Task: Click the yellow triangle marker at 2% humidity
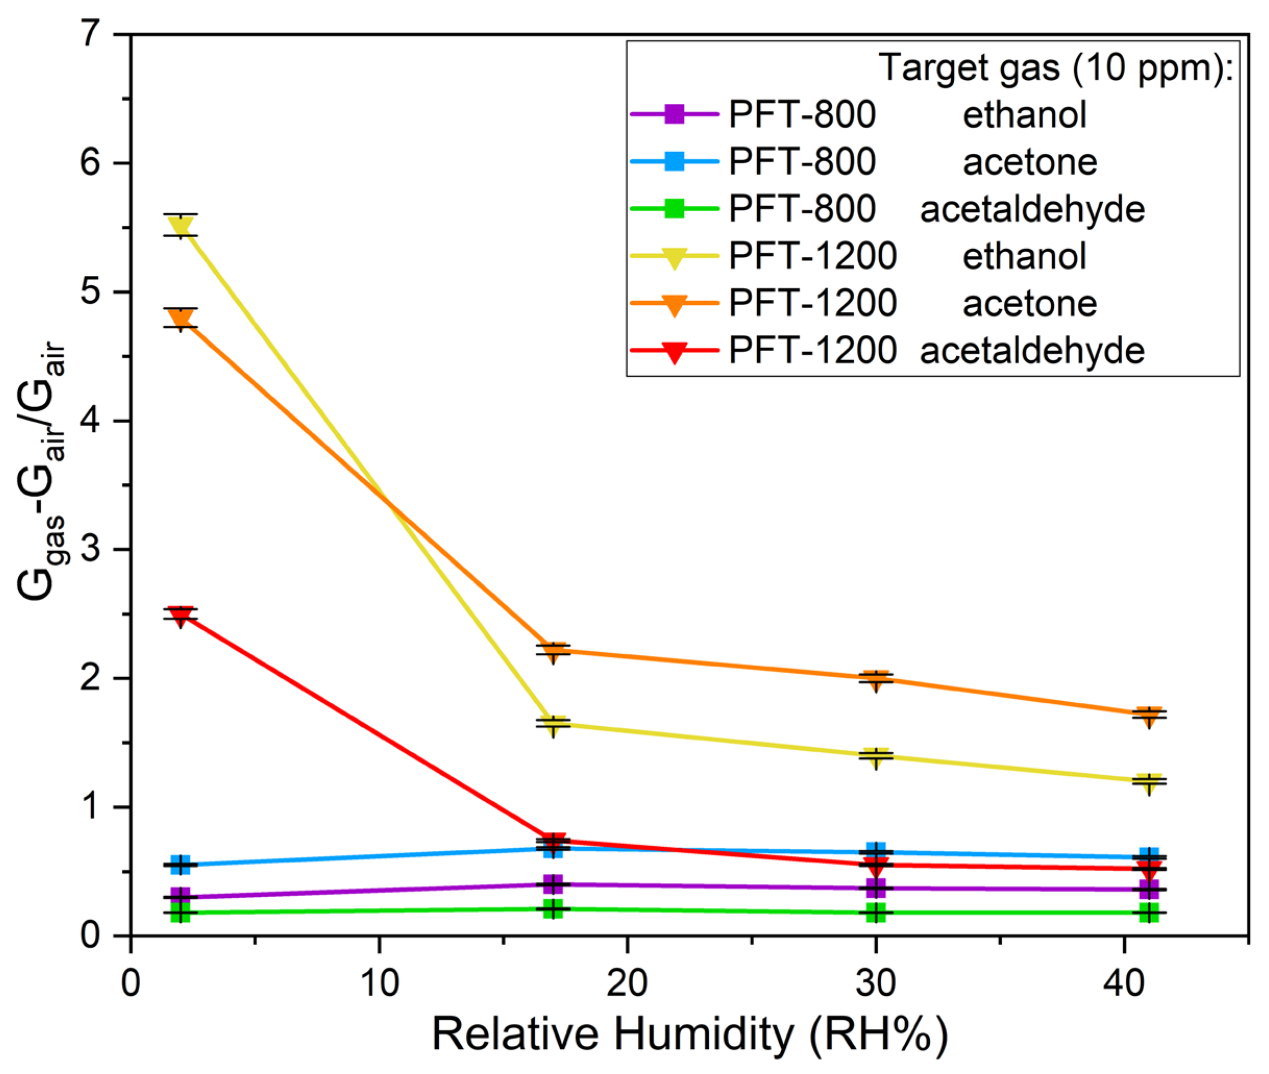[x=181, y=226]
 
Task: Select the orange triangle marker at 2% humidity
[x=181, y=318]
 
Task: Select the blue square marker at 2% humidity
[x=181, y=864]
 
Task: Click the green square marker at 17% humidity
[x=552, y=910]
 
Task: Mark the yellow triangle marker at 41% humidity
[x=1149, y=783]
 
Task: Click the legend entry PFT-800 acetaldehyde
[x=938, y=210]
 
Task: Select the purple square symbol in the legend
[x=674, y=115]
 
